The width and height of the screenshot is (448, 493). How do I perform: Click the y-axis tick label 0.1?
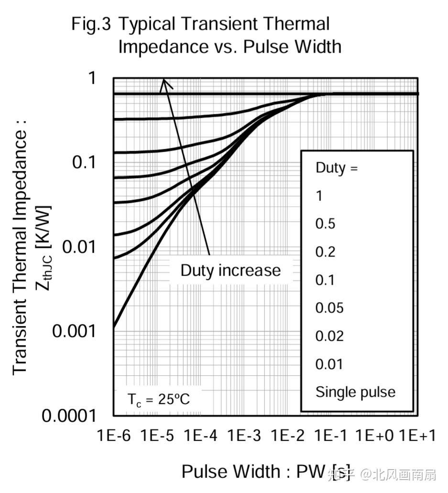coord(85,162)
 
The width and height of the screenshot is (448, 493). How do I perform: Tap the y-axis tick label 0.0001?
coord(70,415)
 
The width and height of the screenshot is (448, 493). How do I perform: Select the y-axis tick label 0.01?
coord(80,247)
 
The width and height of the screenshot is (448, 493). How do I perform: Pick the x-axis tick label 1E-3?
coord(244,436)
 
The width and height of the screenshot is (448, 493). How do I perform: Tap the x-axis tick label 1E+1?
coord(417,436)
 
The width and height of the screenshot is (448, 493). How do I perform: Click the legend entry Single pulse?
coord(355,392)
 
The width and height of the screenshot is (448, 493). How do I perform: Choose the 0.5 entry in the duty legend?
coord(325,224)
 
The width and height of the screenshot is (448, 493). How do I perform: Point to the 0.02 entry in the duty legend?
coord(329,336)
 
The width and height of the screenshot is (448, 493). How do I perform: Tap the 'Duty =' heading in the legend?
coord(336,168)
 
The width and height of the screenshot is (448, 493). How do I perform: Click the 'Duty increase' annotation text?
coord(230,270)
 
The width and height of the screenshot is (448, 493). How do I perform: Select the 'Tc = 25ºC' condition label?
coord(158,399)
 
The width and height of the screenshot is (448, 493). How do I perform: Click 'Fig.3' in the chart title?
coord(91,24)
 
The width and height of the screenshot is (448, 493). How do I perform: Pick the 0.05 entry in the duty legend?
coord(329,308)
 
